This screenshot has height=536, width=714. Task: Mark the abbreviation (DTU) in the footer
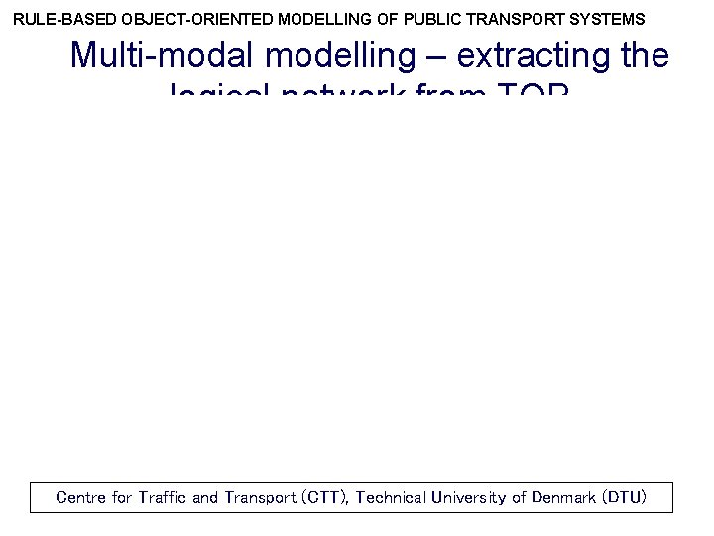tap(626, 498)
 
